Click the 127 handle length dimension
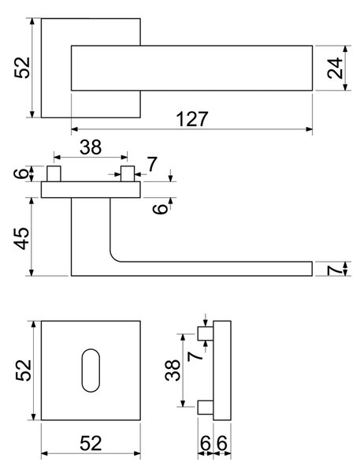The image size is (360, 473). point(192,119)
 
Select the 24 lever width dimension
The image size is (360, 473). point(335,68)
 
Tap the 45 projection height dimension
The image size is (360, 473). point(22,239)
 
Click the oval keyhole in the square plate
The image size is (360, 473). point(91,371)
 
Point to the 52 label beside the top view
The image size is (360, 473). point(23,68)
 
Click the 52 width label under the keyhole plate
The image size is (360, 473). point(91,443)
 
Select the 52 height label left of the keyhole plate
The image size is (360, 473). point(24,371)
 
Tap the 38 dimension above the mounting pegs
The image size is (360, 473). point(91,147)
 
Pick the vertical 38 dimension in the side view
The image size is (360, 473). point(173,371)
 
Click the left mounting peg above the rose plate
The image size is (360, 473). point(54,173)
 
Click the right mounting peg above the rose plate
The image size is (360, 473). point(128,173)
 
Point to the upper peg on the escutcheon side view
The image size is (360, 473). point(206,333)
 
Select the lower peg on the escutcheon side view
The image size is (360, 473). point(206,407)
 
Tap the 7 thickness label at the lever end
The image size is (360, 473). point(335,269)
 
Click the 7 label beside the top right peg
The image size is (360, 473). point(152,165)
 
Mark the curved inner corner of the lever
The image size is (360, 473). point(113,257)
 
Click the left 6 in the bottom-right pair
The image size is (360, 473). point(206,443)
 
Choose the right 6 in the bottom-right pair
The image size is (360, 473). point(221,443)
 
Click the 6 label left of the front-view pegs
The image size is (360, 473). point(21,173)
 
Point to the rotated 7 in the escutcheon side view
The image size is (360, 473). point(195,356)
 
